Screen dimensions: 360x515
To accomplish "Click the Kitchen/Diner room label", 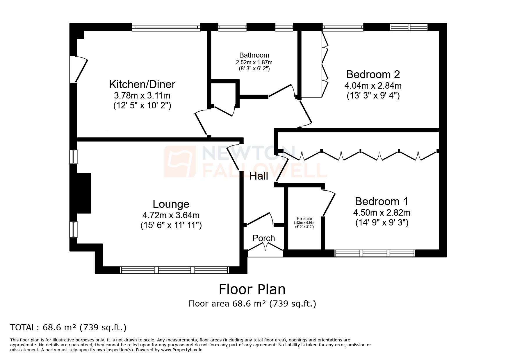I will click(142, 85).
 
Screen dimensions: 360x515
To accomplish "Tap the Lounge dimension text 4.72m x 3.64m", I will click(171, 215).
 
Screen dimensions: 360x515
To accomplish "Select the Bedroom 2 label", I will click(373, 75).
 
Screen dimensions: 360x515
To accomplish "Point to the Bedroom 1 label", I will click(382, 201).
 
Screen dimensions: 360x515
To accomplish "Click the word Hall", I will click(259, 176).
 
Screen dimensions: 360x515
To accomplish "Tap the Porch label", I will click(264, 238).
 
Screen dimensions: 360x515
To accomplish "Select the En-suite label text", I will click(304, 218).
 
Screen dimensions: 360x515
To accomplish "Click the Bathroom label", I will click(254, 55).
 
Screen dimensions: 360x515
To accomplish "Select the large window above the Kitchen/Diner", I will click(166, 28).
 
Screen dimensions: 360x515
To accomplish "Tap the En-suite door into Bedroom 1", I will click(329, 203).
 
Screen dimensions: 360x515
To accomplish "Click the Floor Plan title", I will click(252, 289).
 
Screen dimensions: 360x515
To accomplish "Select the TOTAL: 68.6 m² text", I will click(68, 327).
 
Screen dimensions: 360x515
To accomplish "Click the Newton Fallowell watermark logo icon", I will click(179, 161).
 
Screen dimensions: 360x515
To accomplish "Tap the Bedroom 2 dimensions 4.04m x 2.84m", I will click(373, 86).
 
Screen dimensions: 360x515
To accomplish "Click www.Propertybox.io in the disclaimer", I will click(181, 350).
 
